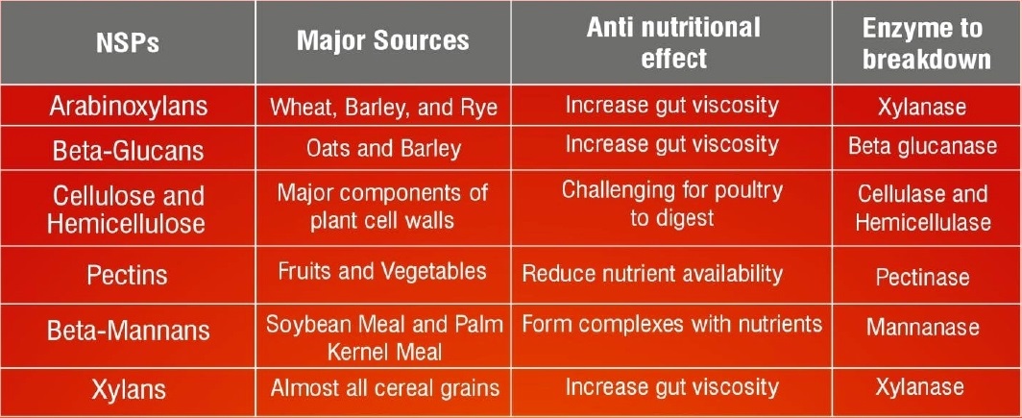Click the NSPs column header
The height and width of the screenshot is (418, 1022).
(128, 42)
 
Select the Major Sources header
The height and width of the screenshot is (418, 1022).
(383, 40)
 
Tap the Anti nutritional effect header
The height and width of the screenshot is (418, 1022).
(673, 42)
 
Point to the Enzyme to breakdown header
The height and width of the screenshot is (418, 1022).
(926, 43)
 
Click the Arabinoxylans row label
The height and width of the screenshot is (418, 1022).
(129, 107)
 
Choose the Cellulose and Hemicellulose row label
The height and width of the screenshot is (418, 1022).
(127, 209)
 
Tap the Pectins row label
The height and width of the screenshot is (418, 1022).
(127, 275)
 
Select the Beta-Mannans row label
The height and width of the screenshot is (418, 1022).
(129, 331)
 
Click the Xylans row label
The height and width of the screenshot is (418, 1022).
(128, 390)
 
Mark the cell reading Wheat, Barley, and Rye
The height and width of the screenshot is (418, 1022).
(384, 107)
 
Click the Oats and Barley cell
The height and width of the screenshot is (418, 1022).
(384, 149)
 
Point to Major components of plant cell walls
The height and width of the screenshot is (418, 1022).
(383, 206)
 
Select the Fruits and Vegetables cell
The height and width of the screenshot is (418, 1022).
(382, 271)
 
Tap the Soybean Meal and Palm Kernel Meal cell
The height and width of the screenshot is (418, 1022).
(384, 338)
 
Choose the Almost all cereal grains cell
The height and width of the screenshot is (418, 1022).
(385, 388)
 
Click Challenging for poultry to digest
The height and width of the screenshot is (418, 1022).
(672, 204)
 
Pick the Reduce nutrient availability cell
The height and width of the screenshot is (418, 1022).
(652, 274)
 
